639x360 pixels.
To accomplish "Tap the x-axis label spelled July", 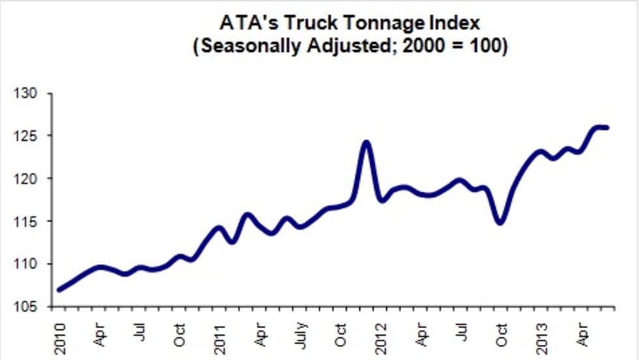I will pos(301,334).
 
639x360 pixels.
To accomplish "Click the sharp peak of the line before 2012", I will pos(366,142).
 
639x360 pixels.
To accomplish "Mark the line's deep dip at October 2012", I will pos(500,222).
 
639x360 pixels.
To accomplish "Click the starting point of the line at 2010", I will pos(59,290).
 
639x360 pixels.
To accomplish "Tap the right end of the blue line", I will pos(607,127).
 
